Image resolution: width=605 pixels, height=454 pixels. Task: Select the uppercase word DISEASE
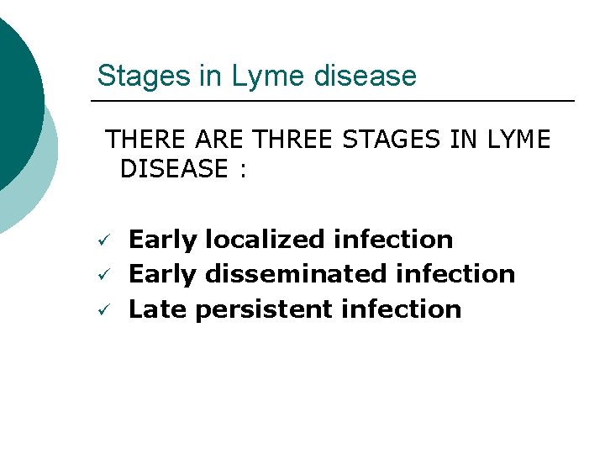(x=174, y=169)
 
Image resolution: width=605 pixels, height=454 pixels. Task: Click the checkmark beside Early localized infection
(x=100, y=241)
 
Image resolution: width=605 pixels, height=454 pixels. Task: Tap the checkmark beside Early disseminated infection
(x=100, y=276)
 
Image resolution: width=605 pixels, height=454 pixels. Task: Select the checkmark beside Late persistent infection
(x=100, y=311)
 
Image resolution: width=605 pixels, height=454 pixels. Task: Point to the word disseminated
(x=294, y=274)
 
